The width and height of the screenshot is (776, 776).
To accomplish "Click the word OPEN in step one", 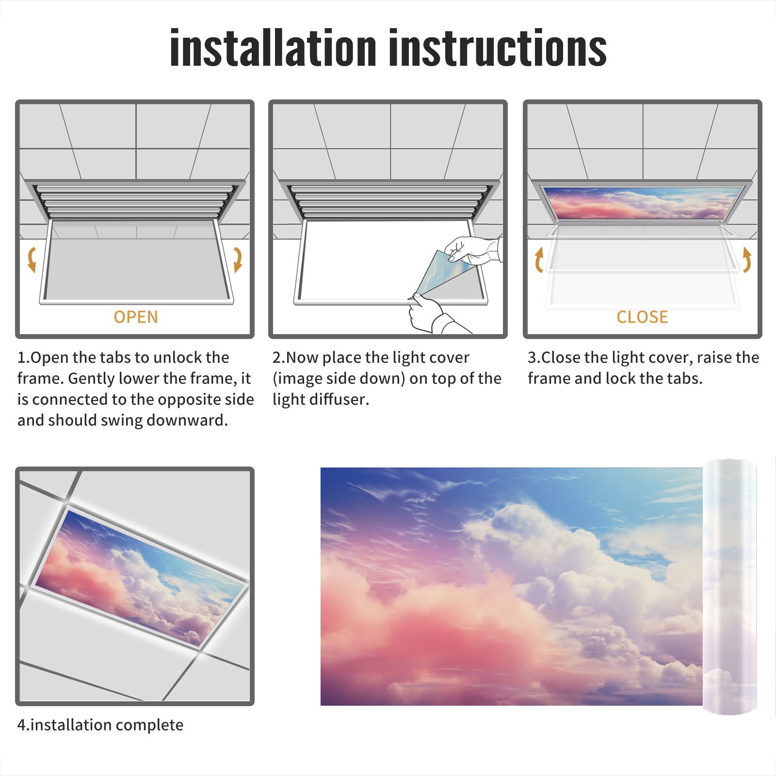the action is click(x=136, y=317).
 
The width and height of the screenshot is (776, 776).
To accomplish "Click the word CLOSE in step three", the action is click(x=642, y=317).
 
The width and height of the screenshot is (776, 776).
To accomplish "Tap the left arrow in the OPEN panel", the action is click(x=32, y=259).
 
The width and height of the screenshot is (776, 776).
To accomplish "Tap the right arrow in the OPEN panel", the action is click(x=238, y=259).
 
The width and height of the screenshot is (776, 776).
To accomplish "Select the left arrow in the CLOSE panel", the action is click(x=538, y=259).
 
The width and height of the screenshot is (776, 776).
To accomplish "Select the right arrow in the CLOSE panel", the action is click(x=747, y=259).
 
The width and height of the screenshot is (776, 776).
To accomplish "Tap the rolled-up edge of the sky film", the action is click(x=729, y=587).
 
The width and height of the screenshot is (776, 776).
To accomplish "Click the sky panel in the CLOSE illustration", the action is click(x=642, y=203).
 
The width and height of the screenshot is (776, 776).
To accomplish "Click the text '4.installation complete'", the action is click(x=100, y=725).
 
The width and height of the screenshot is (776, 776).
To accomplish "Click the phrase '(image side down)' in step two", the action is click(x=339, y=379).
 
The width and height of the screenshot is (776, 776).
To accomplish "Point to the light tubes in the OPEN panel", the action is click(x=135, y=201).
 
